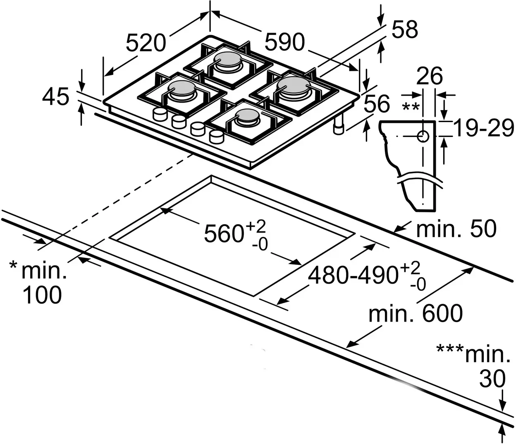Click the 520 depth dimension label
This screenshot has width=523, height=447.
pyautogui.click(x=146, y=43)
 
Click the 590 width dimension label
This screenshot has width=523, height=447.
pyautogui.click(x=284, y=42)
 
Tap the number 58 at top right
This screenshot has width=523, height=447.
pyautogui.click(x=404, y=30)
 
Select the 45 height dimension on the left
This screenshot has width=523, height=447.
pyautogui.click(x=55, y=97)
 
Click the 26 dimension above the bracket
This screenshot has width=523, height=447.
pyautogui.click(x=430, y=76)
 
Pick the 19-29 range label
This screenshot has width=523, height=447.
pyautogui.click(x=484, y=128)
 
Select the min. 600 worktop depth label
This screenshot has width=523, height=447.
pyautogui.click(x=416, y=313)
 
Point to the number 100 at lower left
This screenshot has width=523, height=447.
pyautogui.click(x=42, y=295)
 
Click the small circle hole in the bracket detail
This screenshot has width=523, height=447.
pyautogui.click(x=423, y=136)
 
